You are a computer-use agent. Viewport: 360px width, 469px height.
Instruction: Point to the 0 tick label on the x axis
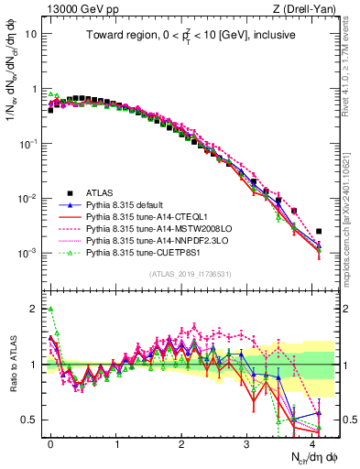pos(50,442)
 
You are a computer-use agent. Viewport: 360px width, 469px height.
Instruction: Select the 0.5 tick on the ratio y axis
pos(29,420)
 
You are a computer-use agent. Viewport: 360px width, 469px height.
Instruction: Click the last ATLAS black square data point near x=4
pos(319,232)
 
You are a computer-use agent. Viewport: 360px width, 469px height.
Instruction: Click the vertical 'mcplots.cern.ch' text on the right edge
pos(354,211)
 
